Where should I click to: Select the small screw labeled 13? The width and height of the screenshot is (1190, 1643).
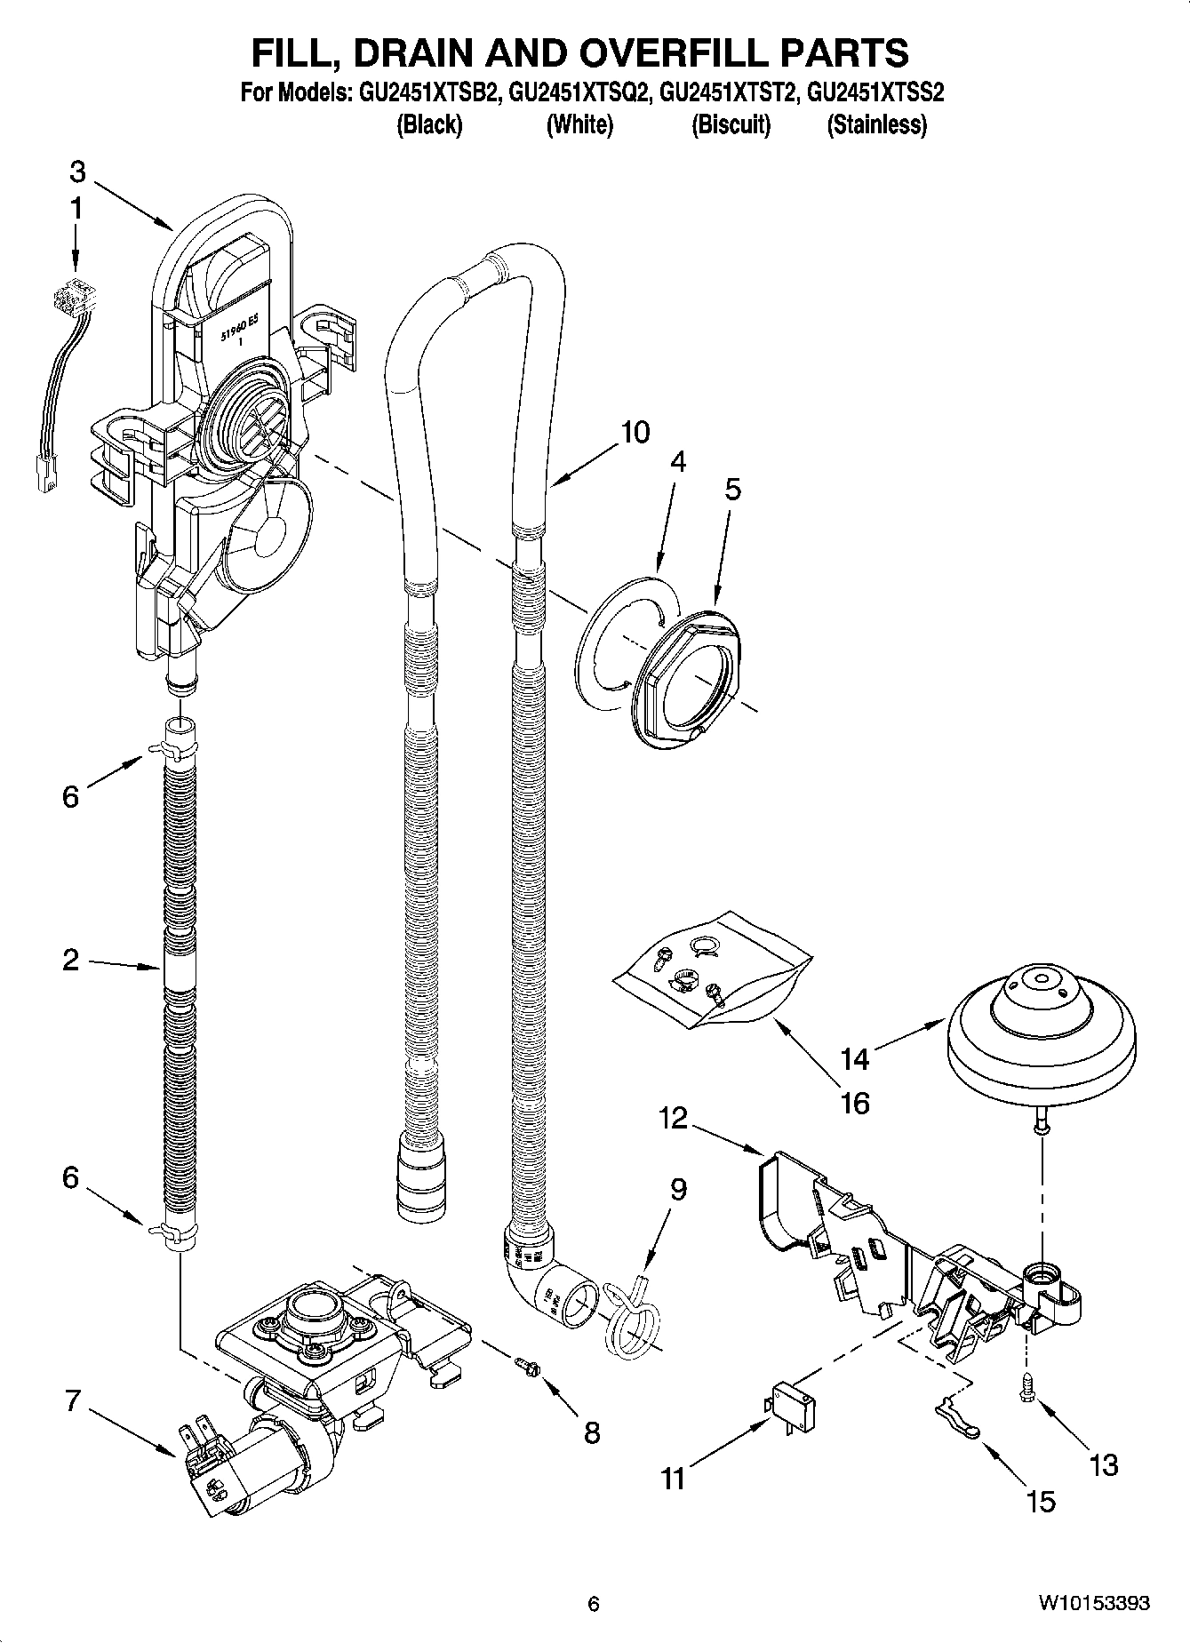1029,1388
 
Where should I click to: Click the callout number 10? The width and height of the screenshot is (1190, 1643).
635,433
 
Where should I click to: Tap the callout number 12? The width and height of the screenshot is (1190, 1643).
673,1118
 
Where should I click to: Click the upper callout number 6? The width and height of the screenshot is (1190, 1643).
71,796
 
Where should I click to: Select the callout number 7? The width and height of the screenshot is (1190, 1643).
72,1403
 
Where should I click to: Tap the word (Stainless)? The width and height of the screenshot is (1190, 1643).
876,125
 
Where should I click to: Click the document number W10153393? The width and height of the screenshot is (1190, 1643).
1094,1604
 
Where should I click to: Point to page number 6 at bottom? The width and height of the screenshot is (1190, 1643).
594,1604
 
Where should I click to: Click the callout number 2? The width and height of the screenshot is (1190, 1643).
71,961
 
